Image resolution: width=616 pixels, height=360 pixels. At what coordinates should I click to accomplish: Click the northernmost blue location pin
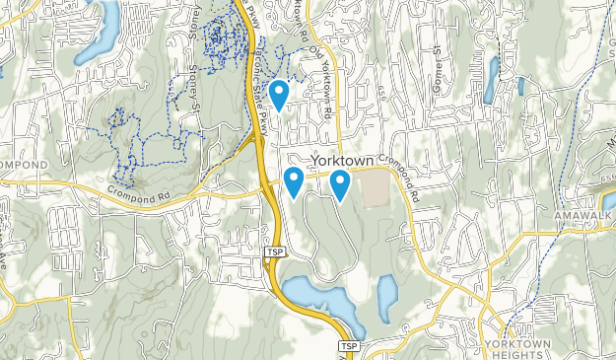[279, 94]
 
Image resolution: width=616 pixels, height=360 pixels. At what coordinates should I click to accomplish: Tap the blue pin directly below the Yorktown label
[340, 183]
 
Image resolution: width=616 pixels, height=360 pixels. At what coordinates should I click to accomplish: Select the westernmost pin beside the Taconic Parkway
[293, 180]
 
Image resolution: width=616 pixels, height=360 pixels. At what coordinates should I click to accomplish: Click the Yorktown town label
[343, 160]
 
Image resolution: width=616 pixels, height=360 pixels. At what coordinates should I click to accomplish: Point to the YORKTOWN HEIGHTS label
[513, 348]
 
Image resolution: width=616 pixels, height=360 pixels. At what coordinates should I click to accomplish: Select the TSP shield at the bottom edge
[347, 347]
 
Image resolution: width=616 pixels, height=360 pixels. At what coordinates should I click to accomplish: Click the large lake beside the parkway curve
[315, 296]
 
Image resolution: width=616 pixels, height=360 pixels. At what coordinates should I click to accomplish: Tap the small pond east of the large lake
[387, 292]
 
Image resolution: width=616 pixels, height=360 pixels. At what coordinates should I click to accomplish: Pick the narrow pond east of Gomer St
[490, 81]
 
